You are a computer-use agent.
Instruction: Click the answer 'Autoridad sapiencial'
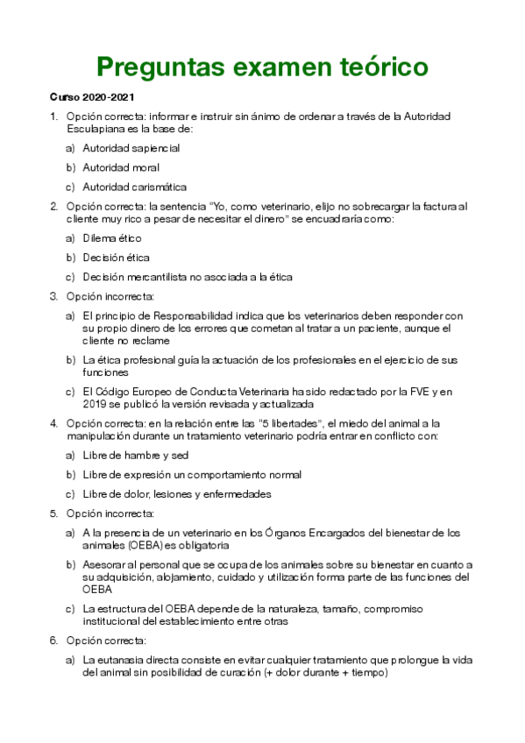pos(131,148)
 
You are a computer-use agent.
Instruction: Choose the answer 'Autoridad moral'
pos(121,167)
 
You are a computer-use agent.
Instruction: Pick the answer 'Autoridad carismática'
pos(134,187)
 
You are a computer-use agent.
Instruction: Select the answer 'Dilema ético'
pos(112,238)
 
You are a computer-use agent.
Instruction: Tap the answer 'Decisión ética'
pos(116,258)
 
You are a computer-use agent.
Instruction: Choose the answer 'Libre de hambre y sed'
pos(136,456)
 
